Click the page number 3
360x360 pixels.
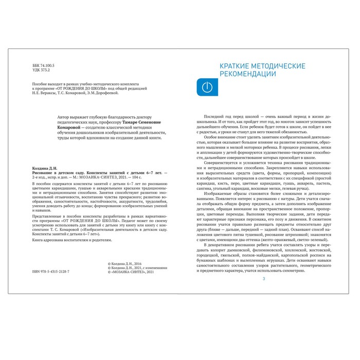pyautogui.click(x=264, y=278)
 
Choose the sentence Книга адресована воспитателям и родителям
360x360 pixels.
pyautogui.click(x=65, y=240)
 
